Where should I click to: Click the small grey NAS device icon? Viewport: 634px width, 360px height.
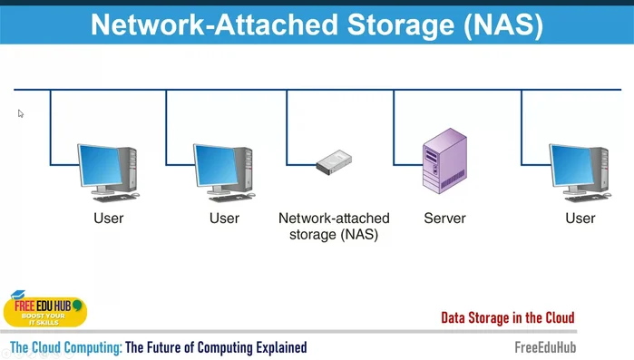click(333, 162)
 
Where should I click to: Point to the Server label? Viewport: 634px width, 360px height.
click(444, 219)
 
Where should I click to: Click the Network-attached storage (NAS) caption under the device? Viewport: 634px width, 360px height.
click(333, 226)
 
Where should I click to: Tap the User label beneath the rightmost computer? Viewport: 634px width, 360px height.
click(580, 219)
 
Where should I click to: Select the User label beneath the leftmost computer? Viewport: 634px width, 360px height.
click(109, 219)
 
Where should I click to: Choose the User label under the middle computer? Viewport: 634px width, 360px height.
click(224, 219)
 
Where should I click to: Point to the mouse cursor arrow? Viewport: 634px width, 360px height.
click(20, 113)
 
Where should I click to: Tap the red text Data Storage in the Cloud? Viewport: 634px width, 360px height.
click(507, 318)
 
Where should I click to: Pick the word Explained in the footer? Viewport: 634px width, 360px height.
click(278, 347)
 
